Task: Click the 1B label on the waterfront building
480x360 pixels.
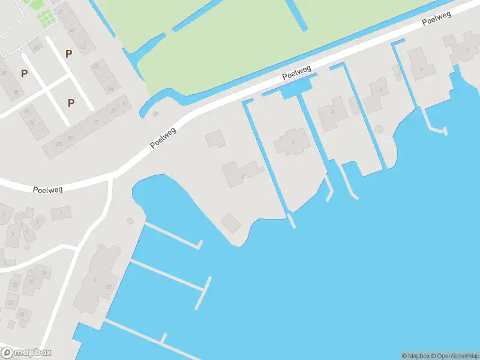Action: [x=108, y=287]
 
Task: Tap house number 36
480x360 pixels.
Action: [x=44, y=272]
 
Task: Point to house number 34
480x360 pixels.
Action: [x=23, y=314]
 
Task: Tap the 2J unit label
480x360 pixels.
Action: [x=125, y=104]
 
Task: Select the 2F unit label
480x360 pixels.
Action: [x=96, y=122]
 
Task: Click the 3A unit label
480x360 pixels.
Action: [x=109, y=89]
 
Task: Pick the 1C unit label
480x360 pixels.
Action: [x=33, y=122]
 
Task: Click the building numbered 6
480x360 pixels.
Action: [x=421, y=69]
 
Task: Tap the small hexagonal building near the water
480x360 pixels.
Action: [x=379, y=128]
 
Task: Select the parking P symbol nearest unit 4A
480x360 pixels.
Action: [x=69, y=54]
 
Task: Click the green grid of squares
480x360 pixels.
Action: [x=45, y=18]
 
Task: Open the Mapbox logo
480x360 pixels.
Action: [x=26, y=353]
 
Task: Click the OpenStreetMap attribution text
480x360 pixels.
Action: [x=454, y=356]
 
